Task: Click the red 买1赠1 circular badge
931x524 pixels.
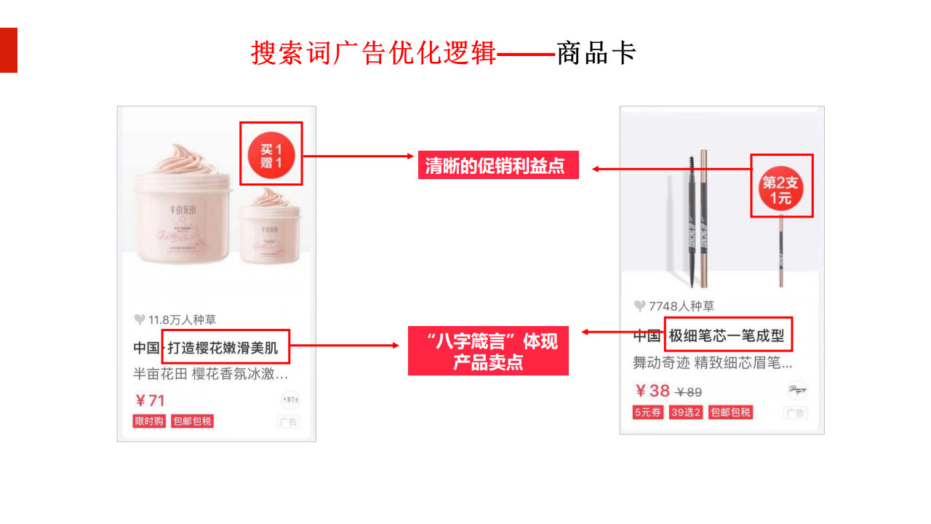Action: [271, 155]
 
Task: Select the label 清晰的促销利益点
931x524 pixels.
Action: [498, 166]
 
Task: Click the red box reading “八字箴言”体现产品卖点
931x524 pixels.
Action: [488, 352]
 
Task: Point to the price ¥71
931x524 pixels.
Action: [150, 400]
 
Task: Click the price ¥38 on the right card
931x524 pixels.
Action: [652, 391]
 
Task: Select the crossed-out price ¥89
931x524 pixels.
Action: [689, 392]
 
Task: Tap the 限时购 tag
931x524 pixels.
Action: [149, 421]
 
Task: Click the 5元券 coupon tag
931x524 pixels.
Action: [648, 413]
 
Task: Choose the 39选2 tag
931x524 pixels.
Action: [686, 413]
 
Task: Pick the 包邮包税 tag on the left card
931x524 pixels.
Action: [192, 421]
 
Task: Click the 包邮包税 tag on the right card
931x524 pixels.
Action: [730, 413]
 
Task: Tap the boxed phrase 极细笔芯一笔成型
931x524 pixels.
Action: [727, 336]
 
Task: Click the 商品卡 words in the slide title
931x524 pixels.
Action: [596, 53]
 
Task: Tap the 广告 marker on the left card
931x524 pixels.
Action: [289, 422]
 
